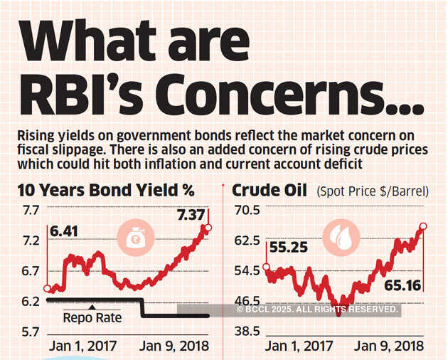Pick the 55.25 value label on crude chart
(x=289, y=249)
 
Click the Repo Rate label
(x=92, y=318)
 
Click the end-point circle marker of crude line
(x=423, y=227)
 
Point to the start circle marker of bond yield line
(x=47, y=289)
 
